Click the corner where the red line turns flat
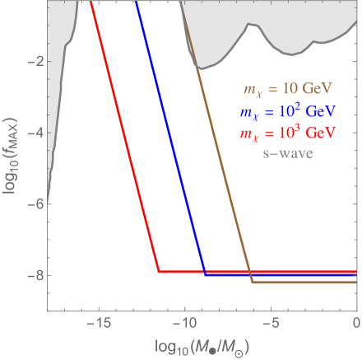click(158, 270)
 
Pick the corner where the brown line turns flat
click(253, 282)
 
